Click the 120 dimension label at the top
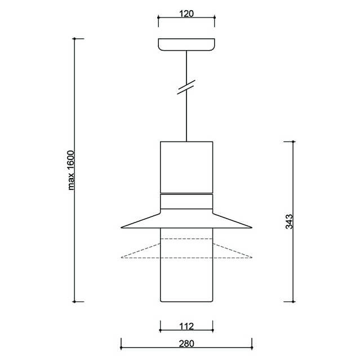pos(186,14)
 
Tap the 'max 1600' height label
pos(72,170)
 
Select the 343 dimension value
pos(289,221)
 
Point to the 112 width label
pos(186,326)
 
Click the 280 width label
pos(186,344)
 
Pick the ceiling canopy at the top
pos(186,45)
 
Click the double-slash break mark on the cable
pos(186,87)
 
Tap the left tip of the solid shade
pos(121,228)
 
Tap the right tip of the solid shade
pos(252,228)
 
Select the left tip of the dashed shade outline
pos(121,257)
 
